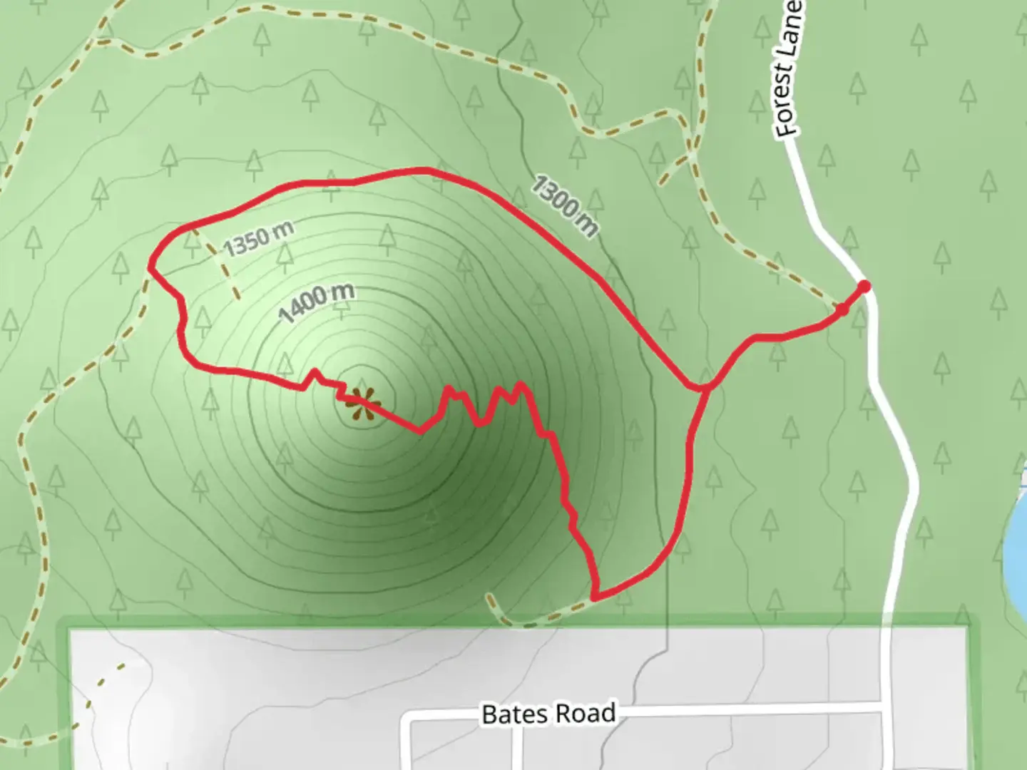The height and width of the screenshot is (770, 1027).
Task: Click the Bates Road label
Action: [548, 714]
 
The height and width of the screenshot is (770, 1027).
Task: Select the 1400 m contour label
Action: [316, 302]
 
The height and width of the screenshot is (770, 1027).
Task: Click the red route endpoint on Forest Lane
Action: [864, 287]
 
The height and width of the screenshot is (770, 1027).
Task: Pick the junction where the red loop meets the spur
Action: [702, 389]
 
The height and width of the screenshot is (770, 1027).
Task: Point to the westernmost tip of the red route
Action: [150, 267]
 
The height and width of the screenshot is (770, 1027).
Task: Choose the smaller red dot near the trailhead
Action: [842, 309]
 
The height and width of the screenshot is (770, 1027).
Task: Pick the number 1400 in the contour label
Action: [304, 307]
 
